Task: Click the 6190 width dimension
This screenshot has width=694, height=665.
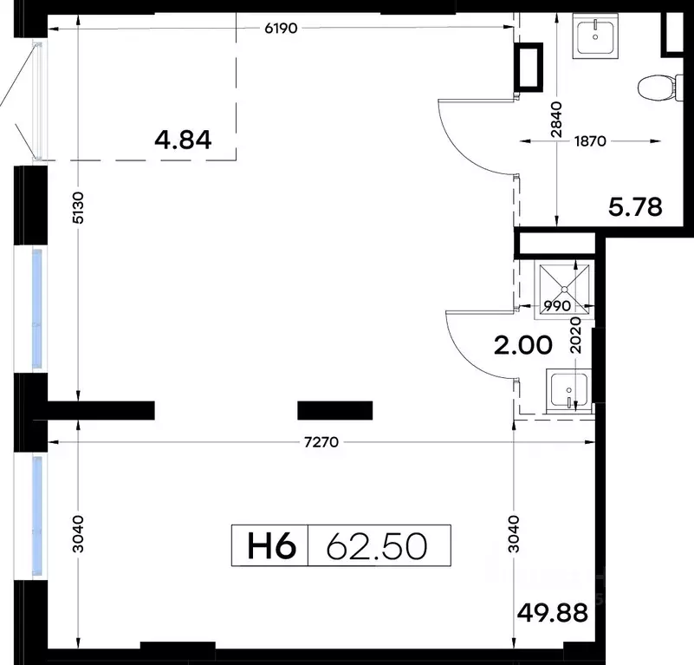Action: coord(281,29)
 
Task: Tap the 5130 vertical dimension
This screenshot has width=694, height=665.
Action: coord(78,208)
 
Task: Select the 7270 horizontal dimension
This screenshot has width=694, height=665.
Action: coord(321,442)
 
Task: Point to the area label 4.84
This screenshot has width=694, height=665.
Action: coord(183,140)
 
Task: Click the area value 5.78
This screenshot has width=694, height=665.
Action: coord(635,207)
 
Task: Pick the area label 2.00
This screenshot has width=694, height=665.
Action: coord(523,345)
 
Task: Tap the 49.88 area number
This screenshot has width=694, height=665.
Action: coord(553,613)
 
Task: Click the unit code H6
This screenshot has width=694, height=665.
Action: coord(271,546)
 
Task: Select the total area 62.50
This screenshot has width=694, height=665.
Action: coord(377,546)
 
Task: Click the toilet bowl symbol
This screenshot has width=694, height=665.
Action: coord(660,88)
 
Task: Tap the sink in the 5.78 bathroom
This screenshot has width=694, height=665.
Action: coord(595,36)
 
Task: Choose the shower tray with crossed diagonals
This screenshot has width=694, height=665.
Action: coord(564,290)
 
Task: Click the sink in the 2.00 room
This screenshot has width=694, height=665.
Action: coord(568,390)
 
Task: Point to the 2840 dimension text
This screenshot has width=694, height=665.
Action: coord(556,120)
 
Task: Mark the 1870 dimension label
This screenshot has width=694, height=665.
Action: coord(590,141)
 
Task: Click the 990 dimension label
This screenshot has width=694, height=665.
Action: coord(557,305)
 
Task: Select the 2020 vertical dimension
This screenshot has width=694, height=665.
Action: coord(575,335)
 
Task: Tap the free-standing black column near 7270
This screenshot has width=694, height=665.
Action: coord(335,410)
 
